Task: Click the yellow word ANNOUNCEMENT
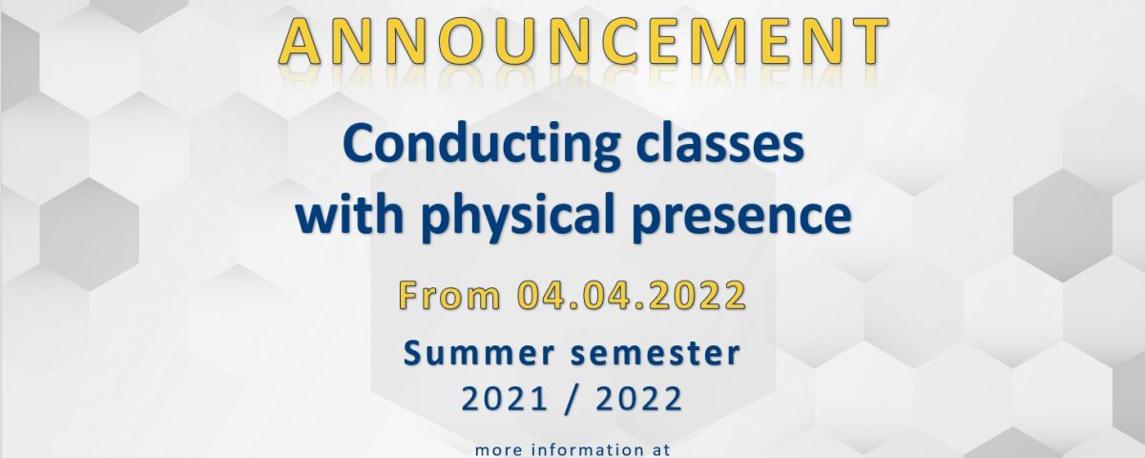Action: click(x=583, y=41)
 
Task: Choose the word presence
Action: click(x=741, y=219)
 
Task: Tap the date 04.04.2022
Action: click(x=632, y=296)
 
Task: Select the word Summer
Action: click(x=479, y=353)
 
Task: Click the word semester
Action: click(x=656, y=353)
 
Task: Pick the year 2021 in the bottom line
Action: click(x=504, y=399)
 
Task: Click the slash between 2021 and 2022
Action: click(x=572, y=399)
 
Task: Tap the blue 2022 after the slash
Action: click(x=639, y=399)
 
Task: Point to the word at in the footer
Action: click(x=659, y=450)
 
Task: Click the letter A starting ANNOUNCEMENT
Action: click(x=300, y=41)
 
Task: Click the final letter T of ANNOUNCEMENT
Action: click(x=868, y=41)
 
